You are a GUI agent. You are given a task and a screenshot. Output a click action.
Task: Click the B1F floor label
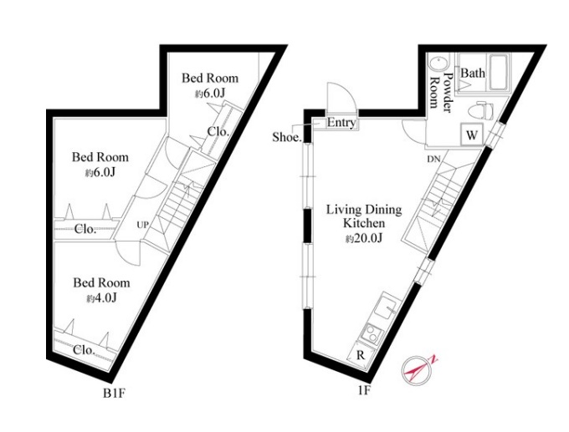click(115, 394)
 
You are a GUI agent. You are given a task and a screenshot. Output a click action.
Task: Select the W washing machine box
click(471, 135)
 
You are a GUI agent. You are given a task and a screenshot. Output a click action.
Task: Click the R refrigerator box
click(360, 355)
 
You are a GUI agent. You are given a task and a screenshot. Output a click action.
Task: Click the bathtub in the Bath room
click(500, 73)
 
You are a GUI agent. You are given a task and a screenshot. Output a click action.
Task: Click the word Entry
click(341, 123)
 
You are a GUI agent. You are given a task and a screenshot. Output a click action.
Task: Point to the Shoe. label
click(287, 137)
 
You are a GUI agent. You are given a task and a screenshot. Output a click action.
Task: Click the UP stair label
click(142, 225)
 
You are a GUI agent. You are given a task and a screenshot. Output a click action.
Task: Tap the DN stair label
click(433, 159)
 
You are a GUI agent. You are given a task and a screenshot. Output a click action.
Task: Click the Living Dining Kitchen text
click(364, 216)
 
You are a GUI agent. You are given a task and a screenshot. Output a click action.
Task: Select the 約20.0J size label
click(364, 238)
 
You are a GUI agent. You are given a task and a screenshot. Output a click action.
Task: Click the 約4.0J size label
click(101, 298)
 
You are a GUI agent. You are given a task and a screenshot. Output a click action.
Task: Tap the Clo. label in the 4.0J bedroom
click(85, 350)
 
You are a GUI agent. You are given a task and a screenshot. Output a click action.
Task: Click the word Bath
click(473, 73)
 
